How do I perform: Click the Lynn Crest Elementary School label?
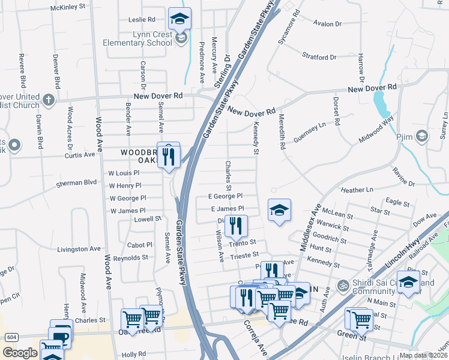[x=137, y=38]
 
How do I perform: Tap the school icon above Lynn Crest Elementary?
[x=179, y=19]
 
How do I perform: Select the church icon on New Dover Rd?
[x=49, y=98]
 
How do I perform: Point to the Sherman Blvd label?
[x=76, y=182]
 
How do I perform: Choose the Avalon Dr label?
[x=327, y=24]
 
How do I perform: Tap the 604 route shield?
[x=11, y=337]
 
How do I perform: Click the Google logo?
[x=20, y=353]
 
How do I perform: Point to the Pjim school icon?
[x=422, y=136]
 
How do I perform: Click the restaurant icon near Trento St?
[x=236, y=226]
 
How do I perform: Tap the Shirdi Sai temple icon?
[x=343, y=284]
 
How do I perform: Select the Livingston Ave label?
[x=77, y=248]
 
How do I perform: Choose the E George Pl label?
[x=225, y=196]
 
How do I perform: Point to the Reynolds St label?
[x=130, y=257]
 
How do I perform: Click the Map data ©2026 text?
[x=423, y=355]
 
